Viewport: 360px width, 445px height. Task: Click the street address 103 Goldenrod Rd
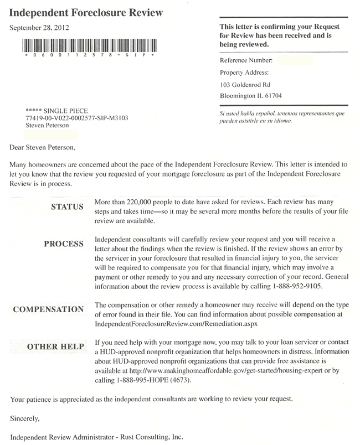click(x=244, y=85)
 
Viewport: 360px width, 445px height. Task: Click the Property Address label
click(x=244, y=73)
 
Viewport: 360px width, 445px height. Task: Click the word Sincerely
click(x=25, y=420)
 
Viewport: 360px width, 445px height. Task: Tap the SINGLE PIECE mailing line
click(x=57, y=111)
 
